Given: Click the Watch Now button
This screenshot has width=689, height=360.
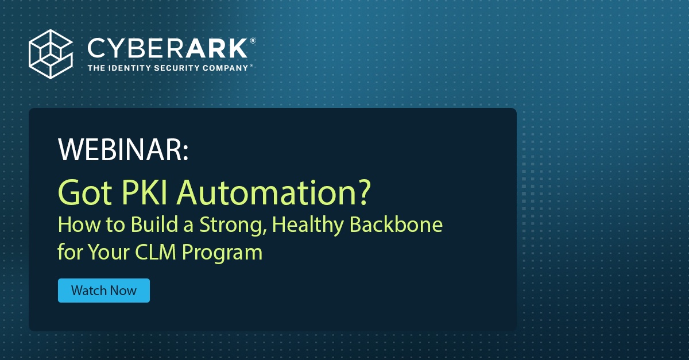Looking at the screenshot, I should click(x=103, y=291).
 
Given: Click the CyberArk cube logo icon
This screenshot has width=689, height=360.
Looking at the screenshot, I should click(x=50, y=54).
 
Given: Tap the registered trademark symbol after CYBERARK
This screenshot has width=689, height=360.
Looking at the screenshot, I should click(x=253, y=41).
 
